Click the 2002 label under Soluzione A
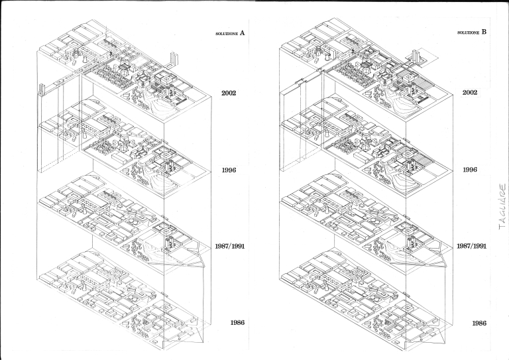point(229,93)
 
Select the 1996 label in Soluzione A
point(229,170)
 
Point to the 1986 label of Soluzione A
point(237,323)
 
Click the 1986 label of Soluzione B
point(479,323)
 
